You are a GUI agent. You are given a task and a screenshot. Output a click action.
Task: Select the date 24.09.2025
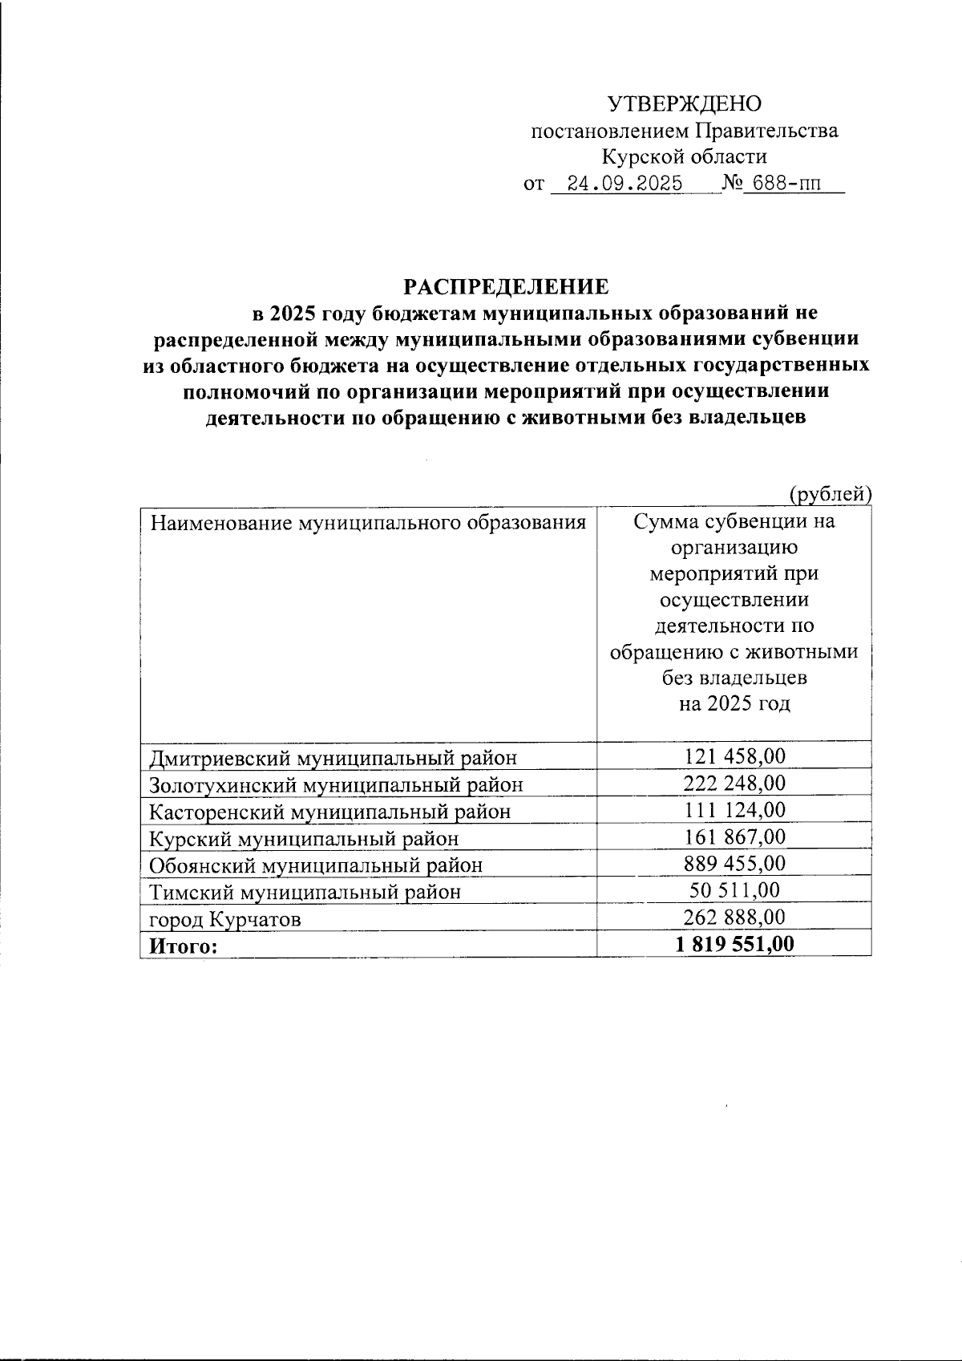point(624,184)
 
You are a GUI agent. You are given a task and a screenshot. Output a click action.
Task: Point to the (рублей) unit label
point(830,494)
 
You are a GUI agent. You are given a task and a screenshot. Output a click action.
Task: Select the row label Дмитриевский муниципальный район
point(333,757)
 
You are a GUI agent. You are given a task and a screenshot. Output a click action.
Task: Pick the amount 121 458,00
point(734,755)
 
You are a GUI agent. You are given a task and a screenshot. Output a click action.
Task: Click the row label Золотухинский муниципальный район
point(337,784)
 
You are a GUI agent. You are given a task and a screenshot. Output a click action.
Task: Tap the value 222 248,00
point(734,783)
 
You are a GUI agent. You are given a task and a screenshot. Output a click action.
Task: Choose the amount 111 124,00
point(734,810)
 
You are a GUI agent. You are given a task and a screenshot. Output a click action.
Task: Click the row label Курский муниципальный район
point(305,839)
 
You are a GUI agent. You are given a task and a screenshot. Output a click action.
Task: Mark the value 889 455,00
point(734,864)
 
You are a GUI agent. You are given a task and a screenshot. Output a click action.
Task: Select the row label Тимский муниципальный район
point(305,892)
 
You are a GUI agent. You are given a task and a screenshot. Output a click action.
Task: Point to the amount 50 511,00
point(734,890)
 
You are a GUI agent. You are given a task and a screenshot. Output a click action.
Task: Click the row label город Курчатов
point(226,919)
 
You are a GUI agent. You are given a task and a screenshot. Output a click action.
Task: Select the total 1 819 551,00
point(734,945)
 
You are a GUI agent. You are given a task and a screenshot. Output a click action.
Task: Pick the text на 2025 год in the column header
point(734,704)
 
